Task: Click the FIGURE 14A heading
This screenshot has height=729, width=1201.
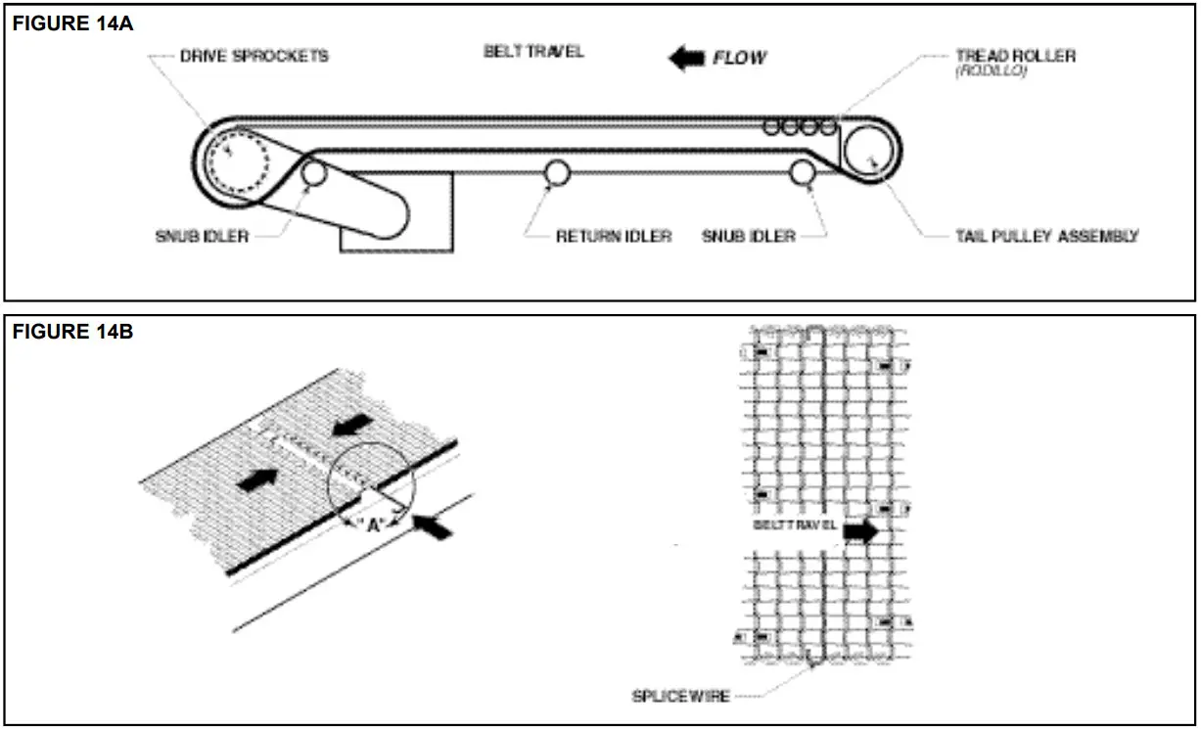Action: [71, 24]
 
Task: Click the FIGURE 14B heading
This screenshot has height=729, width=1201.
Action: [71, 332]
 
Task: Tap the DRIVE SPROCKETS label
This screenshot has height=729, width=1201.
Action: [254, 56]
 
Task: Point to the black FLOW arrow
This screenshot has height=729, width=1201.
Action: [685, 59]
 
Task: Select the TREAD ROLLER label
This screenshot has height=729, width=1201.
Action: [1015, 56]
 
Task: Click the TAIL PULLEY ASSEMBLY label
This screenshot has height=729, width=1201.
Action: [1046, 236]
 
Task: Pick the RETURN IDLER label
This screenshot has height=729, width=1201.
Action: [614, 236]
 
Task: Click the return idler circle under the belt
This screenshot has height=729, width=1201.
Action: [557, 172]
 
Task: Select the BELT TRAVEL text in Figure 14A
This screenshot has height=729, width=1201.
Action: [533, 51]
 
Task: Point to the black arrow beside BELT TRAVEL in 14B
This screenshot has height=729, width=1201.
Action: [861, 530]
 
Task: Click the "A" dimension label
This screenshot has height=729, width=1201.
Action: [373, 524]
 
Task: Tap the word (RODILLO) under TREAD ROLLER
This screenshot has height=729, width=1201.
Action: [992, 71]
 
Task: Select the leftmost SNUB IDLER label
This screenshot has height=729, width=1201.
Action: [202, 236]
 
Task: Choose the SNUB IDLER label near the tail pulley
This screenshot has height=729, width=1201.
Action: [749, 236]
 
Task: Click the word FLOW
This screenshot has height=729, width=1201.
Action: [740, 59]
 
